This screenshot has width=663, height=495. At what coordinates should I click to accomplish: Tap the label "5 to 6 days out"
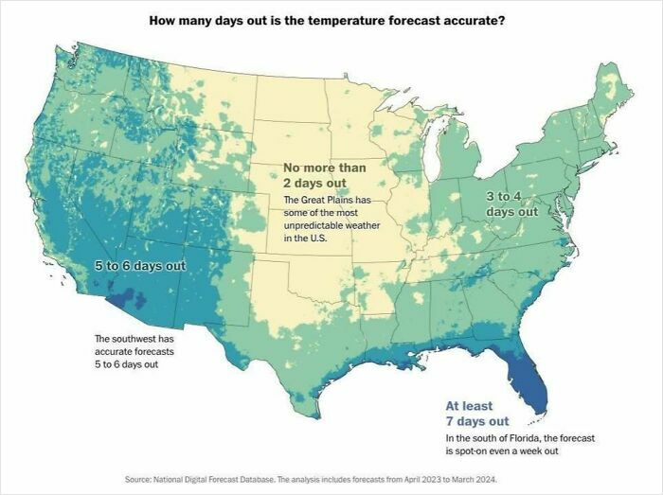point(141,266)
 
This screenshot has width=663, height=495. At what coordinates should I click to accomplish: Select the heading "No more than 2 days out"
point(324,175)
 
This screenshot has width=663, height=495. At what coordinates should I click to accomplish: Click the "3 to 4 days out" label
point(511,203)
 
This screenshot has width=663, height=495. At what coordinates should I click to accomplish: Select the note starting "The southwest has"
point(134,351)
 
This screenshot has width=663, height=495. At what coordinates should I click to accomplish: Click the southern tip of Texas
point(303,411)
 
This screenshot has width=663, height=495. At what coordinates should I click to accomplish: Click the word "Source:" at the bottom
point(140,480)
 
